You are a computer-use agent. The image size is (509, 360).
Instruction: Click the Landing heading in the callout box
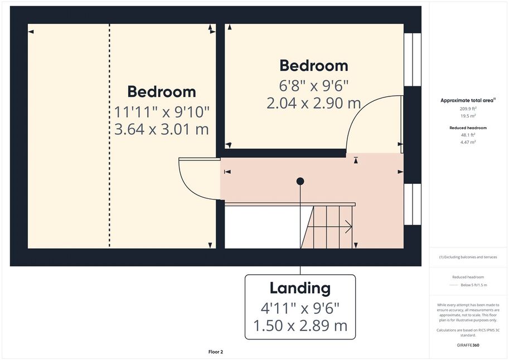(300, 288)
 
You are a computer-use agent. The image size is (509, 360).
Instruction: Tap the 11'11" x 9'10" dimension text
(162, 113)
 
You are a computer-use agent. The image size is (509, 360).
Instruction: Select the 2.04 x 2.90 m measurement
(313, 103)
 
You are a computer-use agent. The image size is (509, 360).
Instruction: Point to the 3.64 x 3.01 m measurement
(162, 129)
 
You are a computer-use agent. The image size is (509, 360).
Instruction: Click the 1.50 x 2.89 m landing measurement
(300, 325)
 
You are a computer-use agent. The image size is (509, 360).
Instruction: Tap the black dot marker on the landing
(300, 181)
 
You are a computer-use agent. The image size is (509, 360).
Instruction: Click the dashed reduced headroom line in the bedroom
(109, 135)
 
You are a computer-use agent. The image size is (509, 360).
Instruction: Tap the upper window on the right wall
(412, 60)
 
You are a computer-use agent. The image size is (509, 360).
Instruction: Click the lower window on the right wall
(412, 205)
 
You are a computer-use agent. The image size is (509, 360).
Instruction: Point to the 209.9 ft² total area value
(468, 109)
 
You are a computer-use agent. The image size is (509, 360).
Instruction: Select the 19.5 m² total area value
(468, 116)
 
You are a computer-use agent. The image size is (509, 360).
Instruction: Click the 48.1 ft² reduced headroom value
(468, 135)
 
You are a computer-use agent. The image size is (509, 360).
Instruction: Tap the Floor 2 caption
(216, 352)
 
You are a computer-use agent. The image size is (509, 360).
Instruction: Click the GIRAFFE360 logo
(468, 345)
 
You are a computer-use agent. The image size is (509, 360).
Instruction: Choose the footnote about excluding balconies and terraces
(468, 257)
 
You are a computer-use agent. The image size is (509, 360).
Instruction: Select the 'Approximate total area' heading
(468, 100)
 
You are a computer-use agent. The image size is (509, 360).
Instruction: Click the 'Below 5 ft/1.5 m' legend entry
(474, 285)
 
